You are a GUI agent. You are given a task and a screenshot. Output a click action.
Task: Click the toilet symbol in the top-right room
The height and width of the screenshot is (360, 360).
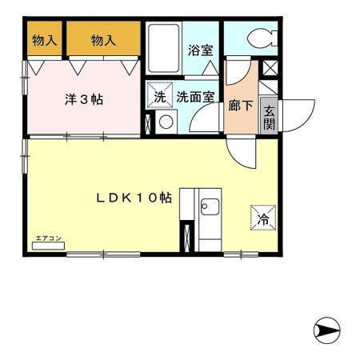pyautogui.click(x=260, y=38)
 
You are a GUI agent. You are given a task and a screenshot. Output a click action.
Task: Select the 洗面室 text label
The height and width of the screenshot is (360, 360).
pyautogui.click(x=195, y=98)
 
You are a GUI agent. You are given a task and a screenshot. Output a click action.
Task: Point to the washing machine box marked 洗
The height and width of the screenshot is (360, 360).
pyautogui.click(x=160, y=96)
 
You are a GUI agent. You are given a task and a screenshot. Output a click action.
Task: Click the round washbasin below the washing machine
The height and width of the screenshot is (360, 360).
pyautogui.click(x=166, y=122)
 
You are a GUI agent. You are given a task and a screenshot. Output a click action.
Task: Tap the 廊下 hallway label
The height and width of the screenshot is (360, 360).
pyautogui.click(x=239, y=105)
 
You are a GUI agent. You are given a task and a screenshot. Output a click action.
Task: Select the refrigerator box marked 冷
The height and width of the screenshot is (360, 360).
pyautogui.click(x=262, y=215)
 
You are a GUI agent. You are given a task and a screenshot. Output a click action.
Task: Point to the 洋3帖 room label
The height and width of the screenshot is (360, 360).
pyautogui.click(x=85, y=100)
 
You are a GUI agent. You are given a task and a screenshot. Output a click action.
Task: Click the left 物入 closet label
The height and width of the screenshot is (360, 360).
pyautogui.click(x=45, y=40)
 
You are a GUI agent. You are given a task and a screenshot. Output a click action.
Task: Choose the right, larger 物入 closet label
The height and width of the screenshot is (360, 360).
pyautogui.click(x=103, y=40)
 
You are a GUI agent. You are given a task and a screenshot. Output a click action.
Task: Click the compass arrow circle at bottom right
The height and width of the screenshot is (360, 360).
pyautogui.click(x=327, y=329)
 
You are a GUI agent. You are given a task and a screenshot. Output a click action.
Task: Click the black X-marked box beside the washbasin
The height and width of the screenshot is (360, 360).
pyautogui.click(x=149, y=123)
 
